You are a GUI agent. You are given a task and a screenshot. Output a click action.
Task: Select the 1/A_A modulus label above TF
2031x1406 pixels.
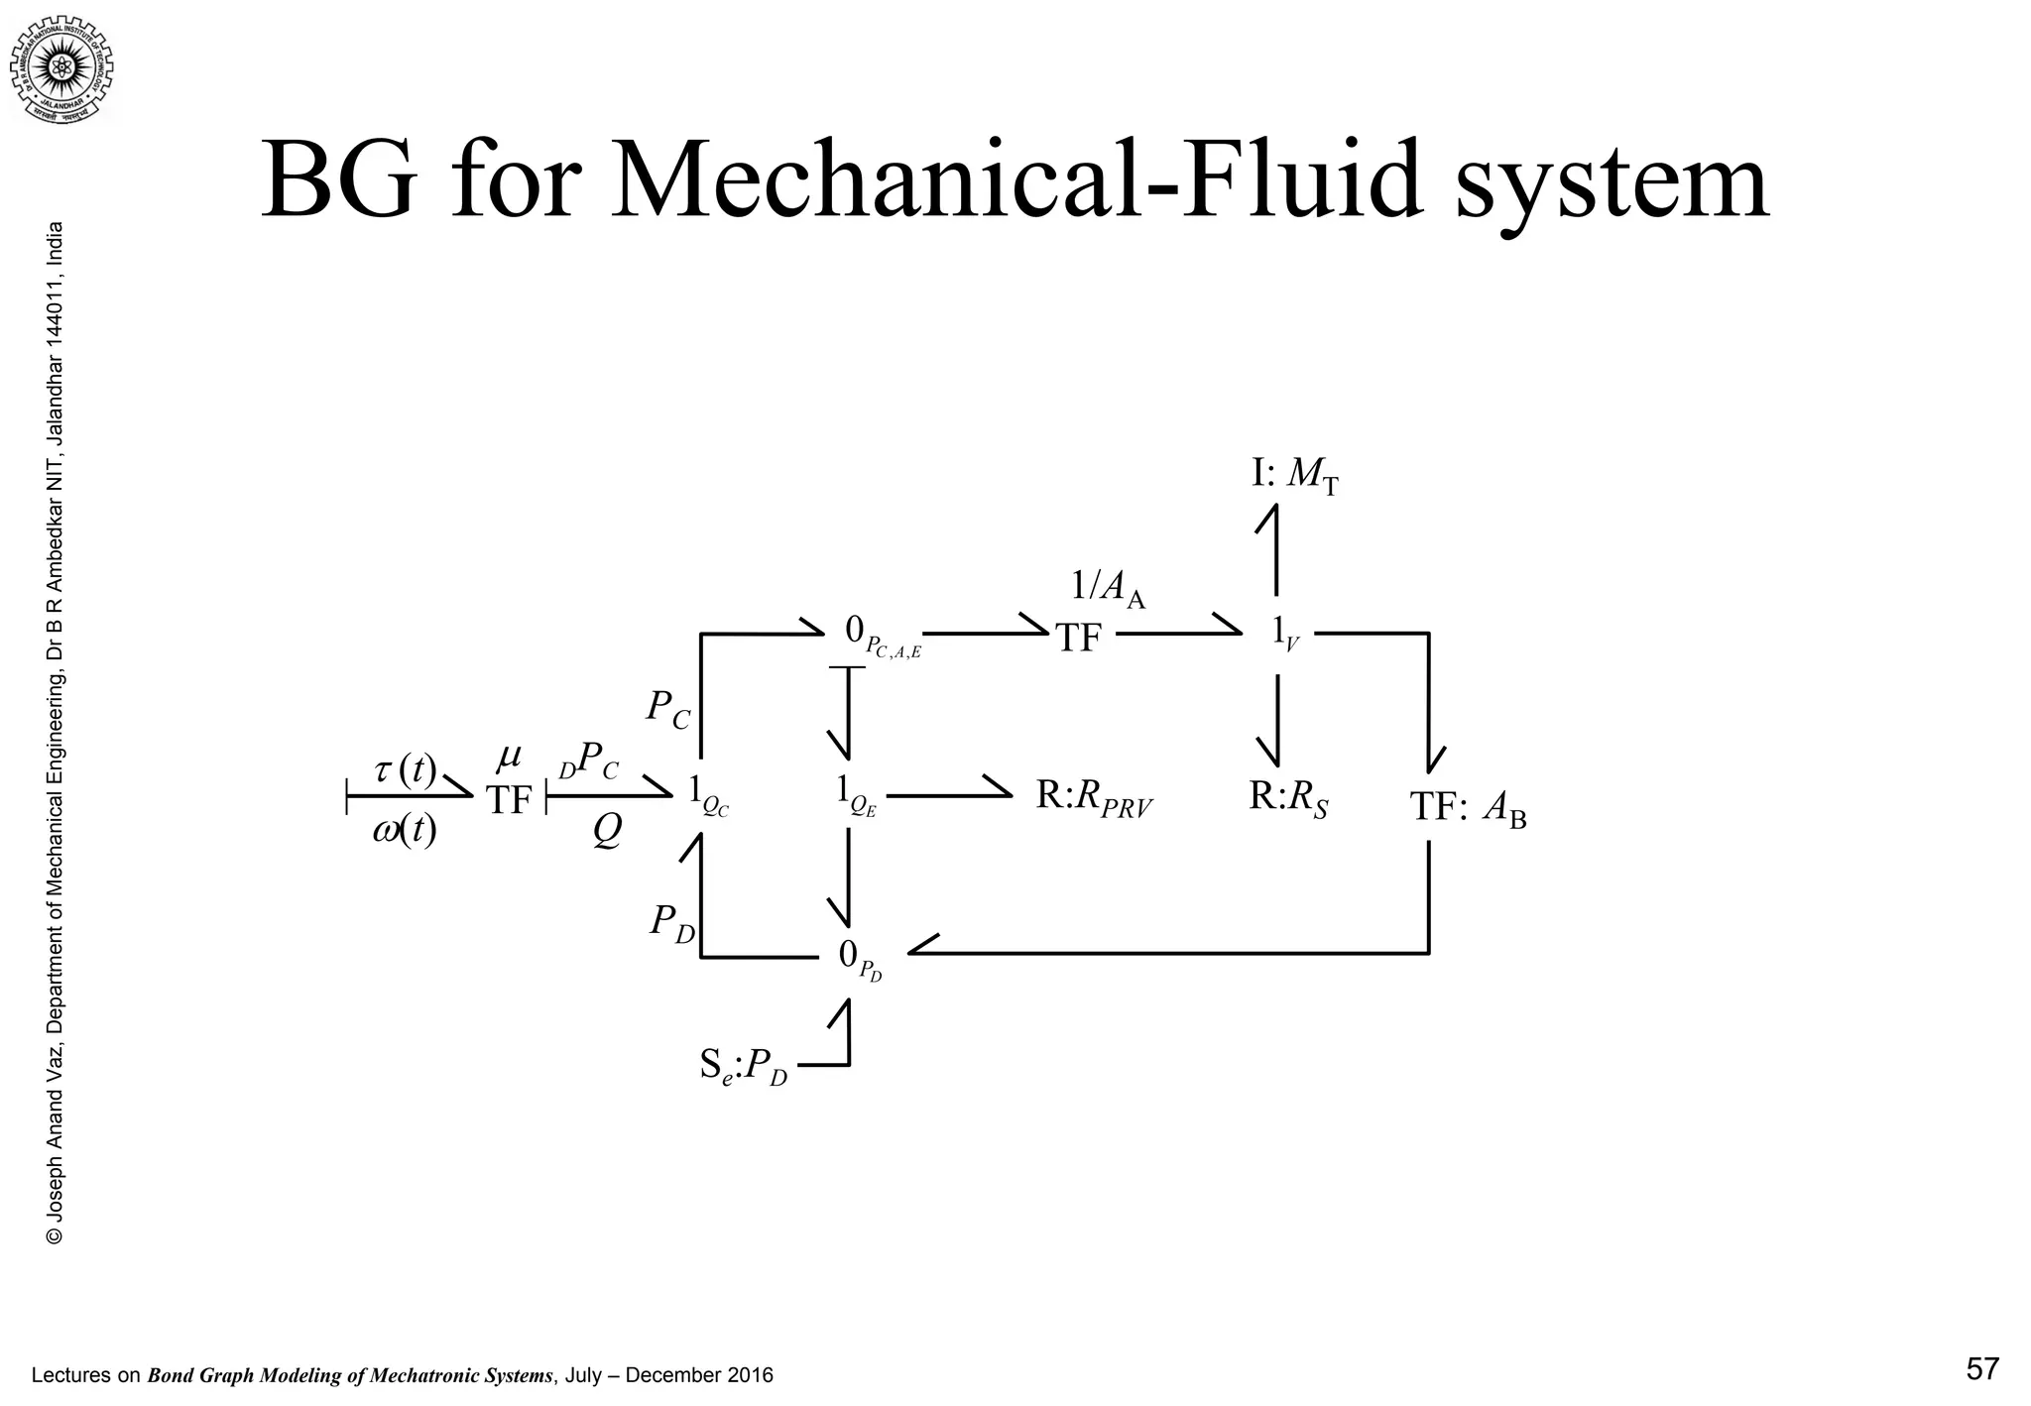click(1108, 589)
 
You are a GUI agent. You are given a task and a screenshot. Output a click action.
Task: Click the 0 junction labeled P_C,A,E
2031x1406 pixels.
click(881, 635)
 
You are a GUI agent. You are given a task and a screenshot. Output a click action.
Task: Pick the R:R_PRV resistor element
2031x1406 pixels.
click(1094, 795)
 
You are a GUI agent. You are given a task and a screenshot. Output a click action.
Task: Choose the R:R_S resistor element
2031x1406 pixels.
click(1287, 797)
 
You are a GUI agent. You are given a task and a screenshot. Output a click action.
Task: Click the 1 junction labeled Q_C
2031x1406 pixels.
click(708, 793)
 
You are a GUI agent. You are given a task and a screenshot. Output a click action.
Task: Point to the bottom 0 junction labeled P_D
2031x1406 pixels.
click(859, 958)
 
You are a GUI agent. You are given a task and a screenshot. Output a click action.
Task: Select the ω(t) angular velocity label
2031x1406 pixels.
click(405, 830)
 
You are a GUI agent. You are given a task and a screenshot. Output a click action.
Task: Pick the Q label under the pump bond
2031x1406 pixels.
click(607, 831)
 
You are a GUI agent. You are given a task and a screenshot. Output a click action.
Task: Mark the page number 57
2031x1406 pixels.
click(1981, 1370)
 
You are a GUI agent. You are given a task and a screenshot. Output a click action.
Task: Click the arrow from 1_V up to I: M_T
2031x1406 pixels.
click(1275, 550)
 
